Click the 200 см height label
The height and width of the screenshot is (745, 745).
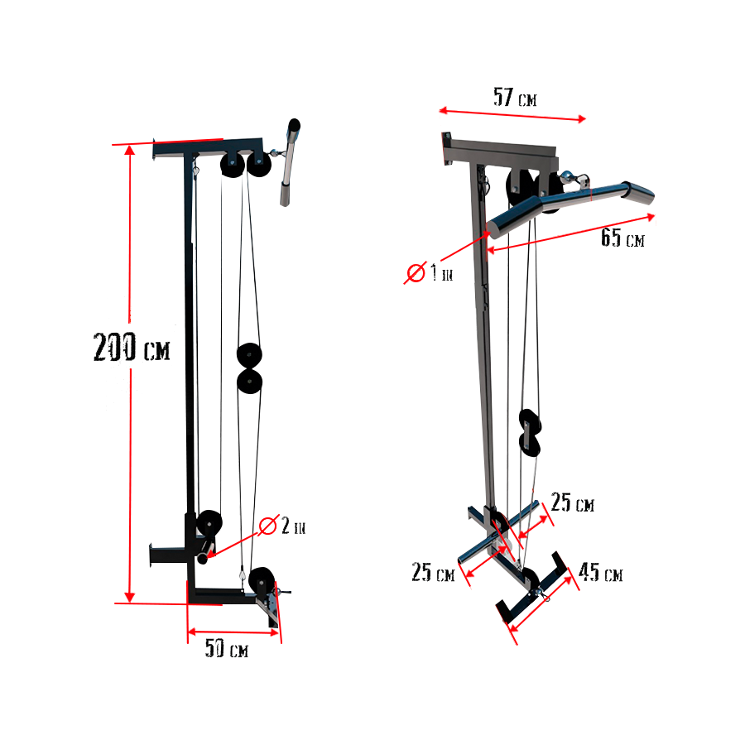(x=132, y=348)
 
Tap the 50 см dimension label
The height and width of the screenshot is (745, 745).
(x=227, y=650)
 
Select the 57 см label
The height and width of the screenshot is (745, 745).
(x=515, y=98)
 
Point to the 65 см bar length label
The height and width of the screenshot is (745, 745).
(x=622, y=238)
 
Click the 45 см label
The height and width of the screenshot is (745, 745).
(x=601, y=573)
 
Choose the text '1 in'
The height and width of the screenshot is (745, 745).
(x=441, y=274)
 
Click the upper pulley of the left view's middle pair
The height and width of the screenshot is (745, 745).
(x=248, y=355)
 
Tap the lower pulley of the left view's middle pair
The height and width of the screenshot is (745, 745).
(x=248, y=381)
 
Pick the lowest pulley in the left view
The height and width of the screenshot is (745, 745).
(x=262, y=579)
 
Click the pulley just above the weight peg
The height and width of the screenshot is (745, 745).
(x=209, y=524)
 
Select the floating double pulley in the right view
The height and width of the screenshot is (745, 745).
(x=530, y=430)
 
